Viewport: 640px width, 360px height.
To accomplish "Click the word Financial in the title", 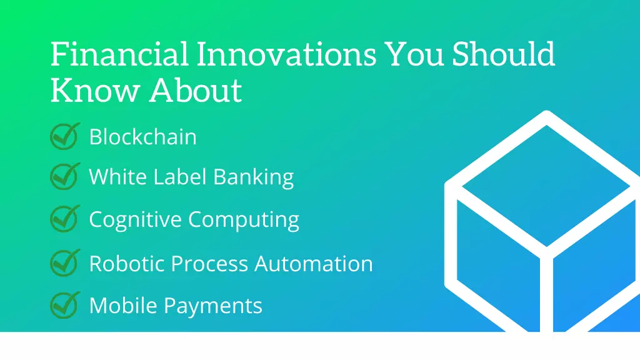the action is pos(119,54).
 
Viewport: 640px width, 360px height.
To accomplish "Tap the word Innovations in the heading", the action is pos(286,54).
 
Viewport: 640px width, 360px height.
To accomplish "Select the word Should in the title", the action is pos(503,54).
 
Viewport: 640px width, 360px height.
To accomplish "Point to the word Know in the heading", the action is pos(95,90).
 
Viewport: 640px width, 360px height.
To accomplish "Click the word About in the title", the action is pos(196,90).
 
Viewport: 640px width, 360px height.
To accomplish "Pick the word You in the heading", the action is pos(414,54).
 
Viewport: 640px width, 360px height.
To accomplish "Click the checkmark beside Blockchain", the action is pos(65,136).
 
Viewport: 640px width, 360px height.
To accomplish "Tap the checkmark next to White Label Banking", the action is pos(65,176).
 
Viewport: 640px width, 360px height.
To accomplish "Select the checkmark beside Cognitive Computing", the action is pos(65,219).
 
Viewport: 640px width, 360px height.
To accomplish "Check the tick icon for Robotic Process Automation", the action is pos(65,263).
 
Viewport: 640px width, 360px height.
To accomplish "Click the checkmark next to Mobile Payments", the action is pos(65,305).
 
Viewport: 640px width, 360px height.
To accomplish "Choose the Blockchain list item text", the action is pos(143,136).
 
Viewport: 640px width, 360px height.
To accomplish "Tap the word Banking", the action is pos(254,177).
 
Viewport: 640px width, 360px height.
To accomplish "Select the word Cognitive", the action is pos(136,220).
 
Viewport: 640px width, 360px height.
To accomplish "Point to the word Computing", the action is pos(244,220).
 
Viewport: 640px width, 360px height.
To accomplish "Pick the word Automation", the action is pos(314,263).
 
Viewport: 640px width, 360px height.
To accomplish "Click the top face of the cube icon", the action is pos(546,186).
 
